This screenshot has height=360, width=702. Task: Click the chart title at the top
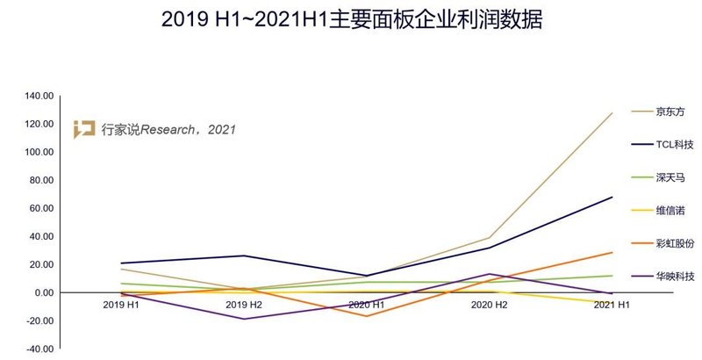tap(351, 19)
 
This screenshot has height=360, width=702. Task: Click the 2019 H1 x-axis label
tap(120, 304)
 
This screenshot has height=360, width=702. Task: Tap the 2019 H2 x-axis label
tap(244, 304)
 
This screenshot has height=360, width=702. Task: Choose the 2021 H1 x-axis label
tap(612, 304)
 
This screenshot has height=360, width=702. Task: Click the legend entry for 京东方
tap(670, 112)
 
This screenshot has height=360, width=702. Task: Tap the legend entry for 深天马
tap(670, 177)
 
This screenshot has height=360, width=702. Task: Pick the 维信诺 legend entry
tap(670, 210)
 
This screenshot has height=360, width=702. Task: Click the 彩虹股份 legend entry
tap(675, 243)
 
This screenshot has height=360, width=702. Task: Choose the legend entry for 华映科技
tap(675, 276)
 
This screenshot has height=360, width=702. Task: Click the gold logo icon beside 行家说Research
tap(84, 128)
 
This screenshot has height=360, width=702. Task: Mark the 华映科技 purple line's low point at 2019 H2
tap(244, 319)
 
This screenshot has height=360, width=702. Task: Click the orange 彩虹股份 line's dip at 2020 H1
tap(367, 316)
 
